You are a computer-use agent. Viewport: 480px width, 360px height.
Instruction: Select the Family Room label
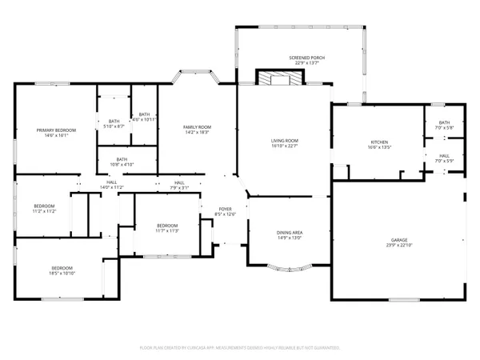click(x=197, y=130)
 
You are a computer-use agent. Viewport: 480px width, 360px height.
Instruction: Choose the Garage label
click(x=399, y=242)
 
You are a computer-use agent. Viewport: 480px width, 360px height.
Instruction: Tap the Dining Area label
click(x=289, y=234)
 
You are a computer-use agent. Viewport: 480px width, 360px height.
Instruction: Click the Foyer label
click(x=226, y=211)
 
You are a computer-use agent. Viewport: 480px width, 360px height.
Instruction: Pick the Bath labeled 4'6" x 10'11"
click(x=144, y=117)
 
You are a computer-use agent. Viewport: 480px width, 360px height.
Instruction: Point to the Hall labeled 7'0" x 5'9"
click(x=444, y=158)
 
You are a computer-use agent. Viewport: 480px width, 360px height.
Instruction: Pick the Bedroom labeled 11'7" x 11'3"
click(x=166, y=228)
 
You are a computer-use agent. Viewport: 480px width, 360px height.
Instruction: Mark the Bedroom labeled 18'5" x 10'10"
click(x=62, y=270)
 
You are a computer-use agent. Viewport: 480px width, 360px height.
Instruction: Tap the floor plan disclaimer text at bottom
click(x=240, y=348)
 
